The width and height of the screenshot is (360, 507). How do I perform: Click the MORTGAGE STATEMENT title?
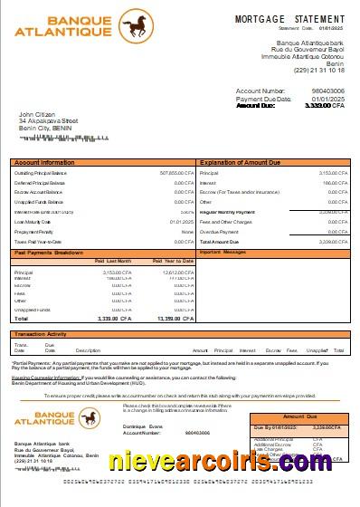pos(289,19)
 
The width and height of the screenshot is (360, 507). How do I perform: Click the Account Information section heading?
pos(44,162)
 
